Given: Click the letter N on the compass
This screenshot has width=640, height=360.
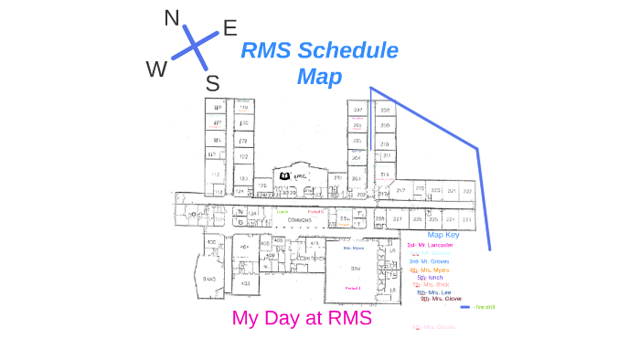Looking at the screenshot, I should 172,18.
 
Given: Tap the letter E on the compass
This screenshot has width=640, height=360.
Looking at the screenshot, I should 230,28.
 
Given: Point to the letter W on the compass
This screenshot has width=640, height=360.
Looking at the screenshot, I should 156,69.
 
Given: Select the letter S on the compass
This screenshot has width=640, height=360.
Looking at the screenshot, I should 212,84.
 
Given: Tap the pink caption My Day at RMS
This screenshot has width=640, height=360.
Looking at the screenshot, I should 302,319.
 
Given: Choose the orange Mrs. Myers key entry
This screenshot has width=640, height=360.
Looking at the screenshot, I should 429,270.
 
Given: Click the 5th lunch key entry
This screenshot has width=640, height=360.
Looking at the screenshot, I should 430,277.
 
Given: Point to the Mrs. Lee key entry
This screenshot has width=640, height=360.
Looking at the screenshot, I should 434,292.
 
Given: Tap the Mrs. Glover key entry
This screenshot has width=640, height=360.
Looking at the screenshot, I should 442,299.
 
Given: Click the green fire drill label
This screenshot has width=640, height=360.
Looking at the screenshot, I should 485,307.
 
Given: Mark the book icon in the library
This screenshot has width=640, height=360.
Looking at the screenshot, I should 284,175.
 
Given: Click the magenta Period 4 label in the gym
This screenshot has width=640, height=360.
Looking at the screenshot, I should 352,288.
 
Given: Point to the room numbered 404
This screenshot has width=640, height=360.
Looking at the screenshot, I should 244,247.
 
